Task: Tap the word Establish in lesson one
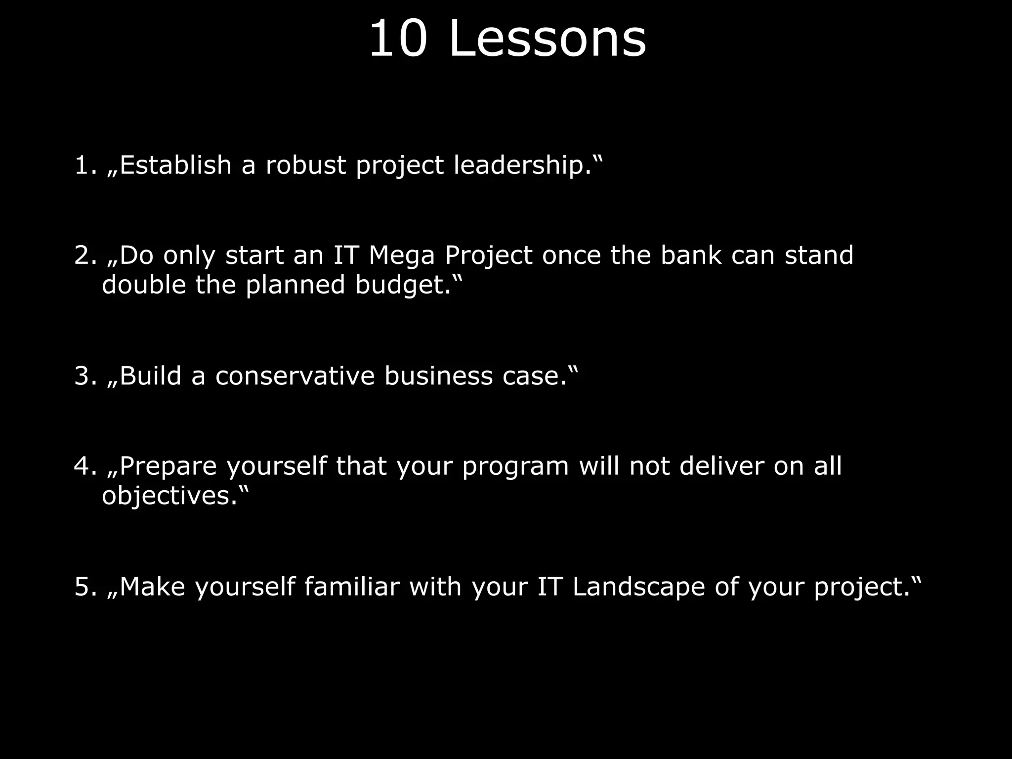pos(175,165)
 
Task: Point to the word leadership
pos(523,165)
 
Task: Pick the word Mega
pos(402,255)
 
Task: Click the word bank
pos(691,255)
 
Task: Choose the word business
pos(438,376)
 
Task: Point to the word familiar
pos(352,587)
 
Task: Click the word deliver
pos(722,466)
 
